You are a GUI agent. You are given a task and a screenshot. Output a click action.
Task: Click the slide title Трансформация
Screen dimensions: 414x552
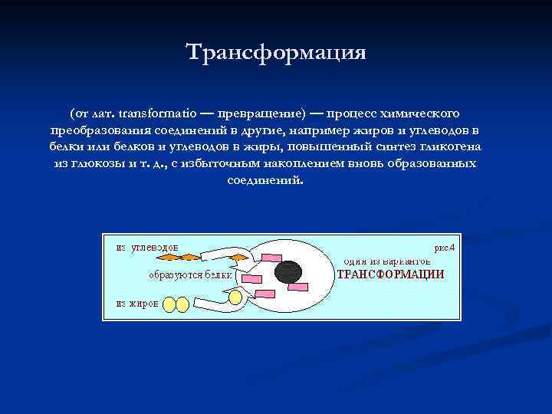[276, 53]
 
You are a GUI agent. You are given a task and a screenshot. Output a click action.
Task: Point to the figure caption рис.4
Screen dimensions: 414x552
[445, 248]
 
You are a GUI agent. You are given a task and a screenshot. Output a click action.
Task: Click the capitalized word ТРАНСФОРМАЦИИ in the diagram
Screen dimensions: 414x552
[391, 274]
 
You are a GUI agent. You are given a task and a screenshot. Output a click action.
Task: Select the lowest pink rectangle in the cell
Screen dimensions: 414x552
[265, 294]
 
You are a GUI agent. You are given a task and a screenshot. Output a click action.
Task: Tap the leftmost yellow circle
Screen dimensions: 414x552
[169, 304]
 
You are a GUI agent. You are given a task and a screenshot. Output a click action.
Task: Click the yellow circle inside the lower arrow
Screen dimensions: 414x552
[236, 295]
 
